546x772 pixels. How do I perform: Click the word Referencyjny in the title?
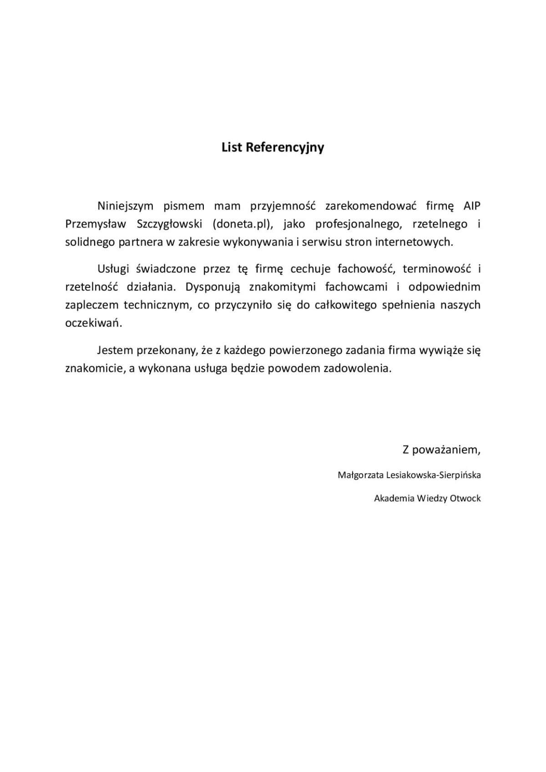(x=285, y=148)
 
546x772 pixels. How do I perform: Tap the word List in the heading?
(x=232, y=147)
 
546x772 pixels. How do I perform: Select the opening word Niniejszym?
(x=126, y=206)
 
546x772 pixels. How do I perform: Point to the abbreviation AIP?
(x=472, y=206)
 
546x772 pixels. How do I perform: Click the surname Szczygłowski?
(x=170, y=224)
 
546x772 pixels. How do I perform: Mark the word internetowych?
(x=414, y=242)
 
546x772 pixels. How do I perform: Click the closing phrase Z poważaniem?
(x=441, y=450)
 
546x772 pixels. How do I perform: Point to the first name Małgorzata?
(x=360, y=475)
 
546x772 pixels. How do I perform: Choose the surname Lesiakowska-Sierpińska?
(x=433, y=475)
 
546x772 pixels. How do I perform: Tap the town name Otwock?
(x=465, y=498)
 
